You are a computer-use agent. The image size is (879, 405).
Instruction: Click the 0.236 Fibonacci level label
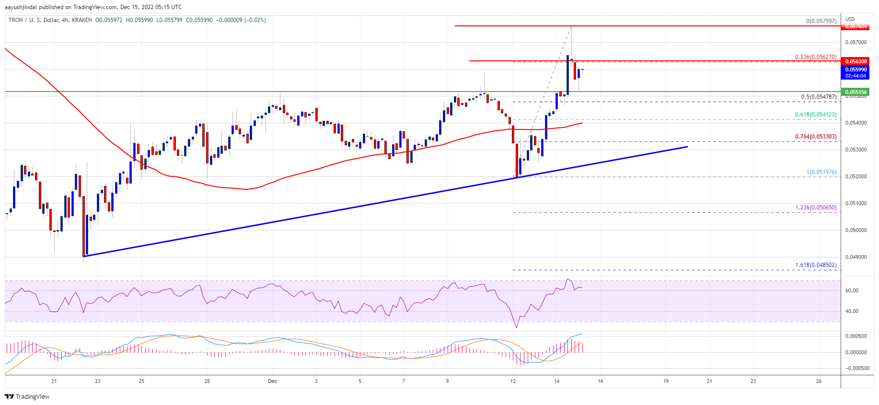point(815,57)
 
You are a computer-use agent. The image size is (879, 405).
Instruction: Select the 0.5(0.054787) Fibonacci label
point(819,97)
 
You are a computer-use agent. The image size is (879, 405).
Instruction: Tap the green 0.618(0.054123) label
point(815,115)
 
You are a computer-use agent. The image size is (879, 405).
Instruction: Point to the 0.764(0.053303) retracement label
point(815,137)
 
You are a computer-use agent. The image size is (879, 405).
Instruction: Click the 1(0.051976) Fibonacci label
point(821,172)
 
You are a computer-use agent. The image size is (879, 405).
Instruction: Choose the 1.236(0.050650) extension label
point(815,208)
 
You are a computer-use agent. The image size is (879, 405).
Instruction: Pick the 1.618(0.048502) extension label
point(815,265)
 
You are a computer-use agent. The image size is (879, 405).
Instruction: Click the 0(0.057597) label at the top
point(821,21)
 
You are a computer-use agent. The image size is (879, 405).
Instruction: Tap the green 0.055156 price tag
point(856,92)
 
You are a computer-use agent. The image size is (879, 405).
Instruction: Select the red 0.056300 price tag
point(856,61)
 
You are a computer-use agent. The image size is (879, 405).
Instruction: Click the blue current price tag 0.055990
point(856,69)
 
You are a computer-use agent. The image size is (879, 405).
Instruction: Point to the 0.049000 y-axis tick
point(856,257)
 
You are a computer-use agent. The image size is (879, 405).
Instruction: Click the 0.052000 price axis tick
point(856,176)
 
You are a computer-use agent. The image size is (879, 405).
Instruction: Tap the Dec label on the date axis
point(272,382)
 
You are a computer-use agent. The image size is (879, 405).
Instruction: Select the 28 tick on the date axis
point(207,382)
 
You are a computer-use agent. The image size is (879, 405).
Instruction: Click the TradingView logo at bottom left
point(27,396)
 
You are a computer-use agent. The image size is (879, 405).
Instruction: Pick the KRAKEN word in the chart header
point(81,20)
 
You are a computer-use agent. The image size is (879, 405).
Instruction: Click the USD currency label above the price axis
point(850,20)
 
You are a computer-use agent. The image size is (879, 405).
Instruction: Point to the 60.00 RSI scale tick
point(852,290)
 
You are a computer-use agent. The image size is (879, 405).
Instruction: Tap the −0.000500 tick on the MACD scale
point(855,368)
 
